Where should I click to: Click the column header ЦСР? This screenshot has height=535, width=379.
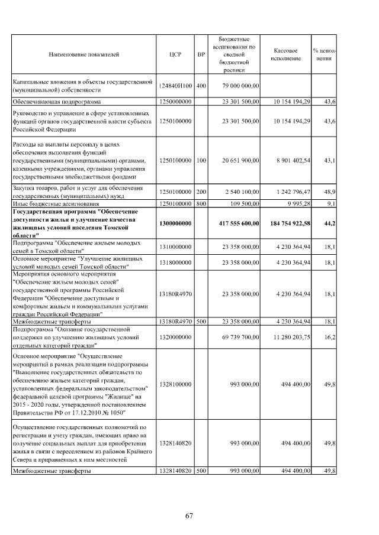click(175, 54)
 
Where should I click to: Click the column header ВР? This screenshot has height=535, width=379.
click(201, 54)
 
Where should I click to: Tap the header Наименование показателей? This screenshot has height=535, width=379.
click(84, 54)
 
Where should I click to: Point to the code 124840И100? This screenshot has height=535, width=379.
click(175, 86)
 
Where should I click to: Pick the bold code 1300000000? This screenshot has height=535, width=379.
click(175, 223)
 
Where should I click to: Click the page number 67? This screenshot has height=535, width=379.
click(189, 516)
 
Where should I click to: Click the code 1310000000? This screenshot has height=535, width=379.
click(175, 245)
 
